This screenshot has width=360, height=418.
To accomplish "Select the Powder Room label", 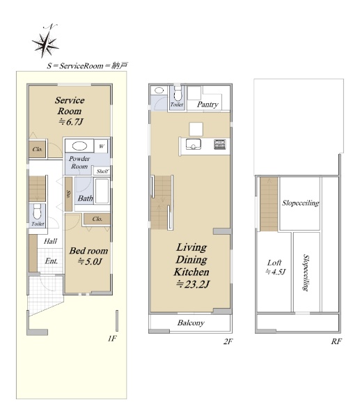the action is coord(79,162).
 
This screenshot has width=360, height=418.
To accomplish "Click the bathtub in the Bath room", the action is coord(102,191).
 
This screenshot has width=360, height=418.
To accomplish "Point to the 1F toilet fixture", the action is coord(37,212).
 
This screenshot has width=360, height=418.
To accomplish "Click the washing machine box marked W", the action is coord(101,146).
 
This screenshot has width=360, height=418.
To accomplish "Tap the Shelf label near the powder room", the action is coord(102,171).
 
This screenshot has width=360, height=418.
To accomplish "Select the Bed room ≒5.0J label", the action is coord(88,256).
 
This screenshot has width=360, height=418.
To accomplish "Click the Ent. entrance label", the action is coord(51,261).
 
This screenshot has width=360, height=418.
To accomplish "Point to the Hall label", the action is coord(50,241).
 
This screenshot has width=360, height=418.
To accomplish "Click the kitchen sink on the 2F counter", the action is coord(193,144).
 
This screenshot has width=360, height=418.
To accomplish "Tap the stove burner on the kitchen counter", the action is coord(220,144).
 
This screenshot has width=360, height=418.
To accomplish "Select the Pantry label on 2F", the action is coord(208,104).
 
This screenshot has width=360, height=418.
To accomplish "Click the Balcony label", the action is coord(191,323).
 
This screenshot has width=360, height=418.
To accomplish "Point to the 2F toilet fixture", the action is coord(178,93).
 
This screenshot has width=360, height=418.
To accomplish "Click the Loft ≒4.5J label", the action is coord(276,267).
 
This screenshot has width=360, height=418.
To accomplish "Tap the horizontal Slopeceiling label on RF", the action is coord(301,203).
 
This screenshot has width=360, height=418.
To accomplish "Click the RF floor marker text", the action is coord(336,341).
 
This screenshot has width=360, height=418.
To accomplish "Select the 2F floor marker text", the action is coord(228,341).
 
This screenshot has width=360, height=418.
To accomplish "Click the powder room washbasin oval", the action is coord(79,146).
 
